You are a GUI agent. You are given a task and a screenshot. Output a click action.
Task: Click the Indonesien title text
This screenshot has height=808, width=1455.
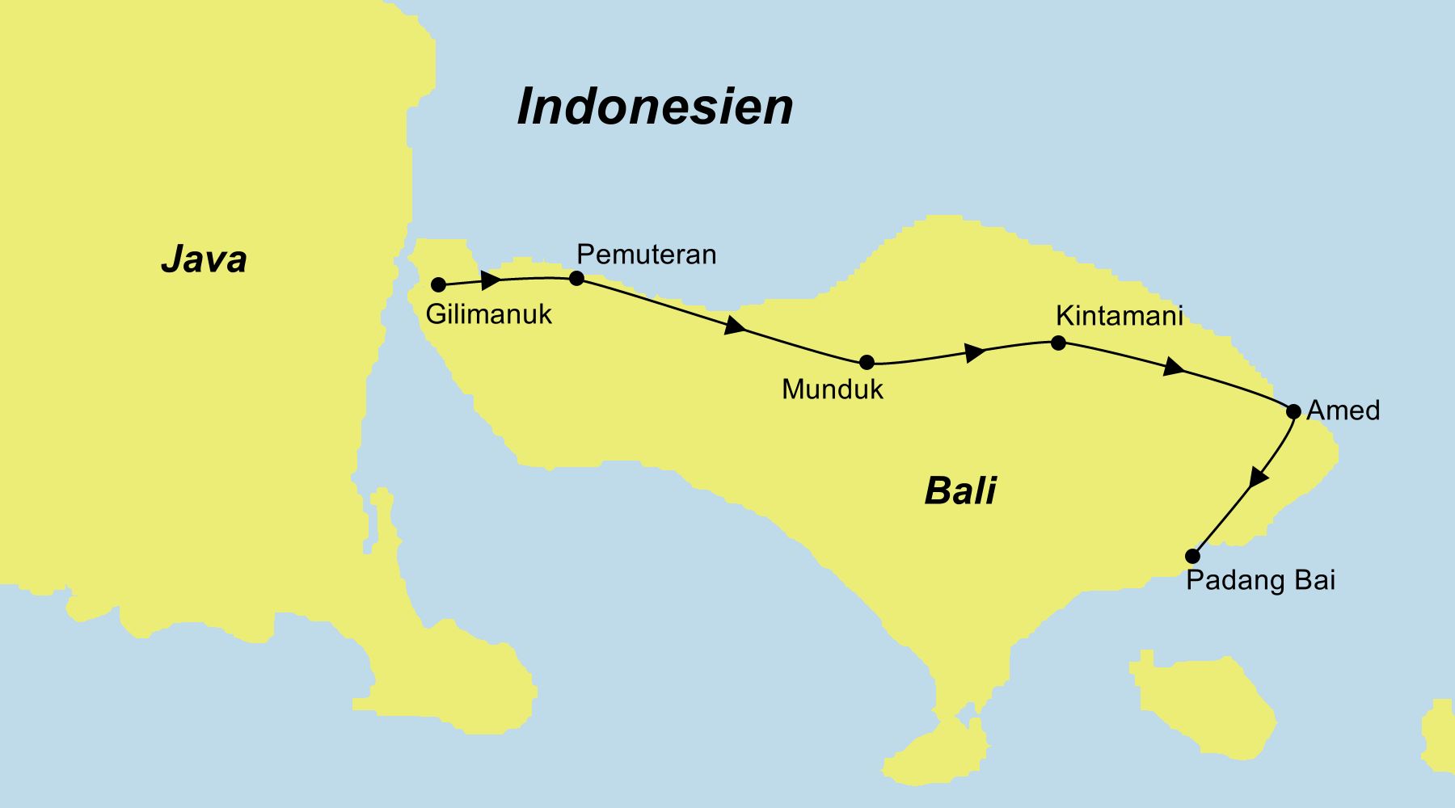pyautogui.click(x=655, y=107)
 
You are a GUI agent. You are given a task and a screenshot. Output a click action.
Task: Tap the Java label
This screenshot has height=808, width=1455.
pyautogui.click(x=204, y=259)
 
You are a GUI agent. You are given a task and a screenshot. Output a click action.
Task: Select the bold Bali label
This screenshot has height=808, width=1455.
pyautogui.click(x=960, y=490)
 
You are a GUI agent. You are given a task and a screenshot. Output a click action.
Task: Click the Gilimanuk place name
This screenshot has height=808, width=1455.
pyautogui.click(x=488, y=314)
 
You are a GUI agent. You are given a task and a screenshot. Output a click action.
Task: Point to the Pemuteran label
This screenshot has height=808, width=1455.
pyautogui.click(x=646, y=255)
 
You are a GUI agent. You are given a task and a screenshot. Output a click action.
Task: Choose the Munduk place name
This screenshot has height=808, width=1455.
pyautogui.click(x=833, y=389)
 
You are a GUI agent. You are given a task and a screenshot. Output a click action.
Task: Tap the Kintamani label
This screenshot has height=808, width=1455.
pyautogui.click(x=1120, y=315)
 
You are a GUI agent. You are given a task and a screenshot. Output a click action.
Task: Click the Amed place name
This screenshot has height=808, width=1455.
pyautogui.click(x=1343, y=410)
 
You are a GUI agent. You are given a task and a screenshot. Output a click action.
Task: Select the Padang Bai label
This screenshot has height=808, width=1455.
pyautogui.click(x=1260, y=580)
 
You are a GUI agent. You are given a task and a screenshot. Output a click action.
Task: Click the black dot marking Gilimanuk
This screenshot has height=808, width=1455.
pyautogui.click(x=438, y=284)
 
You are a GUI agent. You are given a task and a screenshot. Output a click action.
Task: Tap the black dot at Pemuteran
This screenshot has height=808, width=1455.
pyautogui.click(x=576, y=278)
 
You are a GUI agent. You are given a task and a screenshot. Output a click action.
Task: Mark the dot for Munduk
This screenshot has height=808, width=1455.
pyautogui.click(x=867, y=362)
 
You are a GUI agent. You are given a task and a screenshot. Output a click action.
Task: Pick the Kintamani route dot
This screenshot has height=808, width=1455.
pyautogui.click(x=1058, y=343)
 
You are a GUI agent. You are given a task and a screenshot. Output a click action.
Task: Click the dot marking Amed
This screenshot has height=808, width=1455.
pyautogui.click(x=1293, y=411)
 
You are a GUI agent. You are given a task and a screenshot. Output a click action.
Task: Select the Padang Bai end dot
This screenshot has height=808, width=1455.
pyautogui.click(x=1192, y=556)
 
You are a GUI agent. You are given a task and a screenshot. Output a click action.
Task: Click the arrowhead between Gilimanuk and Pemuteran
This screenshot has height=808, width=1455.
pyautogui.click(x=491, y=280)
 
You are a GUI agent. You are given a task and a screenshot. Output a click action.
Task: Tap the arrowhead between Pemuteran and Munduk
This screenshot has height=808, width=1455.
pyautogui.click(x=735, y=326)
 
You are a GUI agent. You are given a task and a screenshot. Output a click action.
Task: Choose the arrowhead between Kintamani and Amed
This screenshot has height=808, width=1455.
pyautogui.click(x=1173, y=368)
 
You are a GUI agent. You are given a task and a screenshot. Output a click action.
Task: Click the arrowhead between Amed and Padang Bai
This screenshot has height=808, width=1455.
pyautogui.click(x=1258, y=478)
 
